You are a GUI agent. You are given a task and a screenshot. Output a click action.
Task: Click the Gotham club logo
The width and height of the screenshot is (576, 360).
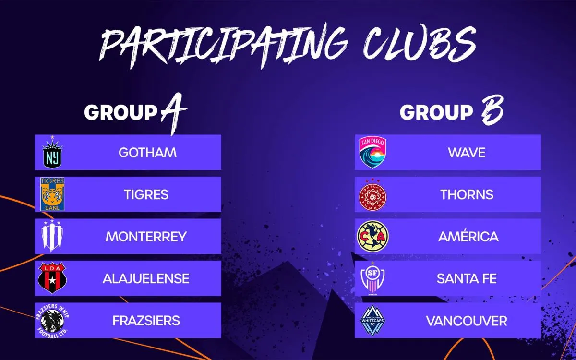coord(52,153)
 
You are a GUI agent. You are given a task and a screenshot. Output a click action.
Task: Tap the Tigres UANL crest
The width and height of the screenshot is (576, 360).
coord(52,194)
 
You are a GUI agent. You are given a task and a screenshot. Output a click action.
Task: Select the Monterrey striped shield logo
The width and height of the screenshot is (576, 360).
coord(52,236)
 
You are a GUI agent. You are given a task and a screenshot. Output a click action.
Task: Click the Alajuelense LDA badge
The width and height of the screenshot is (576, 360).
coord(52,278)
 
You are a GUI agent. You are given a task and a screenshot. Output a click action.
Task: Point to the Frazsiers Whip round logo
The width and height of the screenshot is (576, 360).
coord(52,320)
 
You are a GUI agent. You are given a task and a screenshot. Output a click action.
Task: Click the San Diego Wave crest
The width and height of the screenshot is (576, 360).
coord(373,153)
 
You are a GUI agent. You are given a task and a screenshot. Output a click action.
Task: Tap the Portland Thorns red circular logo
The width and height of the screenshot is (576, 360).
coord(373,194)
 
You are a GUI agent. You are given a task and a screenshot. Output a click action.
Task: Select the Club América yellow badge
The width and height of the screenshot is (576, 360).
coord(373,236)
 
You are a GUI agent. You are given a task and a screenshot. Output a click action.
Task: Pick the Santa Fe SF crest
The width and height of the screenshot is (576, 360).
coord(373,278)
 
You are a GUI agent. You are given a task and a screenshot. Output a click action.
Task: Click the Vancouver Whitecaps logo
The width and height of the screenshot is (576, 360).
coord(373,320)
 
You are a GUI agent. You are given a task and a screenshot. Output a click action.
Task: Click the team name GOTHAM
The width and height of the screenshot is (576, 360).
coord(147,153)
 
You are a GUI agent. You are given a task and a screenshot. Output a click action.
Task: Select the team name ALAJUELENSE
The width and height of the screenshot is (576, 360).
coord(146,278)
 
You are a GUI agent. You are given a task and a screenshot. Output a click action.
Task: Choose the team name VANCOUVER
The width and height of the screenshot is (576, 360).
coord(467,320)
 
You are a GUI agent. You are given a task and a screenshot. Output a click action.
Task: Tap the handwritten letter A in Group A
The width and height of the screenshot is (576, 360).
coord(172,113)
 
